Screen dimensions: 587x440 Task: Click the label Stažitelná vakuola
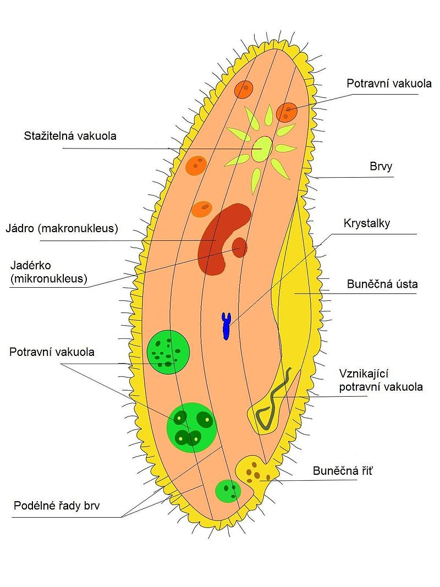point(70,136)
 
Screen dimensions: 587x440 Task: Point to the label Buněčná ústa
point(382,284)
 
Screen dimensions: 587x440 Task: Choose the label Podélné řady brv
point(60,506)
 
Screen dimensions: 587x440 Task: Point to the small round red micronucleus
point(240,247)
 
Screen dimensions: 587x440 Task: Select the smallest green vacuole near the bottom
point(227,491)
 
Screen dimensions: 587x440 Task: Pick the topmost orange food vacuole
point(243,89)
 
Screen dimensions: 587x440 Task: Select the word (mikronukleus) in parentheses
point(48,278)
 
